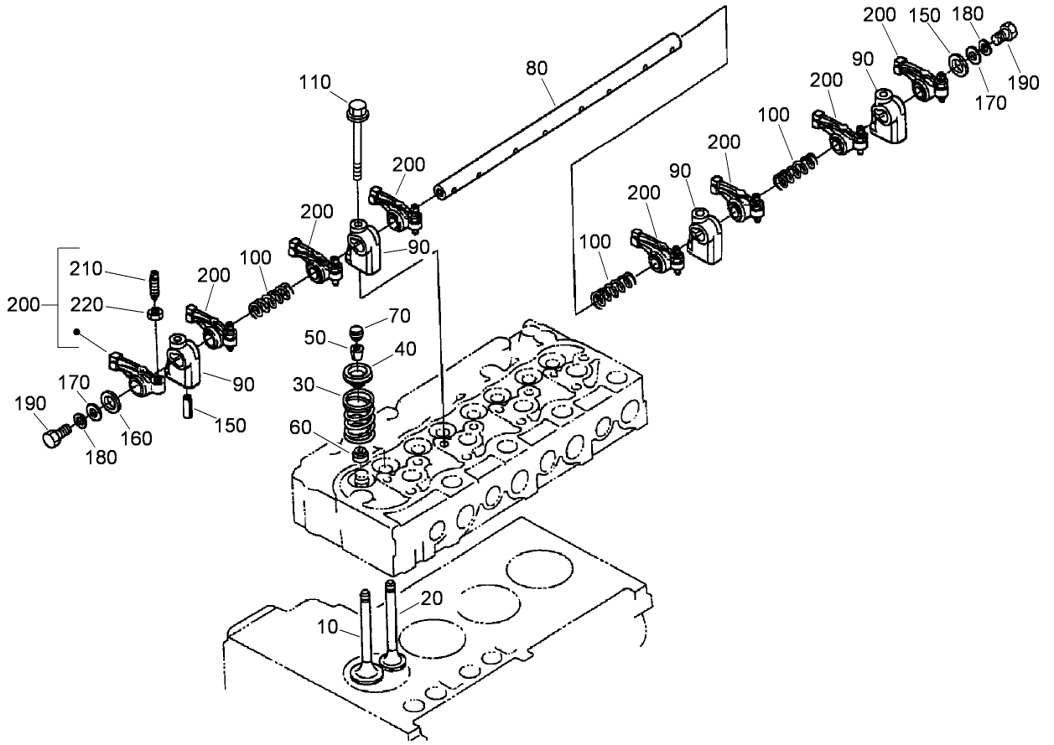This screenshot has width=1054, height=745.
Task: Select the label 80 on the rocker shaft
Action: (x=537, y=66)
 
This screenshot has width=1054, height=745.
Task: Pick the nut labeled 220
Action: (x=154, y=313)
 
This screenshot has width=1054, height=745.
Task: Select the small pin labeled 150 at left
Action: (x=189, y=405)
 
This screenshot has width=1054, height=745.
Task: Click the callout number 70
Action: (x=399, y=317)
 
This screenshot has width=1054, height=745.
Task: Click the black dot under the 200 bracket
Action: (x=76, y=332)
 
